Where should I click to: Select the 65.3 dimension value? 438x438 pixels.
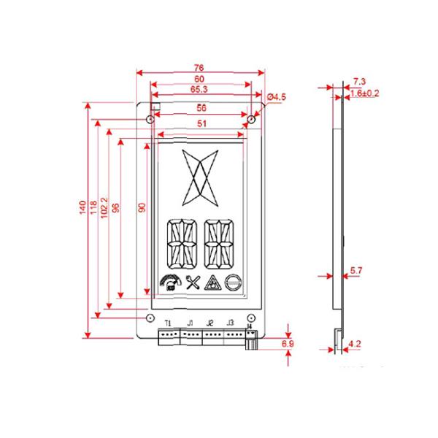[199, 89]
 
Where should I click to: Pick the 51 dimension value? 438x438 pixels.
[201, 124]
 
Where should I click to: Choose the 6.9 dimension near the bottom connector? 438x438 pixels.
[287, 342]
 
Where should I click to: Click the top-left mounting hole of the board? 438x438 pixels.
[150, 119]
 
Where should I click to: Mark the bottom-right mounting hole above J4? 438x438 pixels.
[251, 318]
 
